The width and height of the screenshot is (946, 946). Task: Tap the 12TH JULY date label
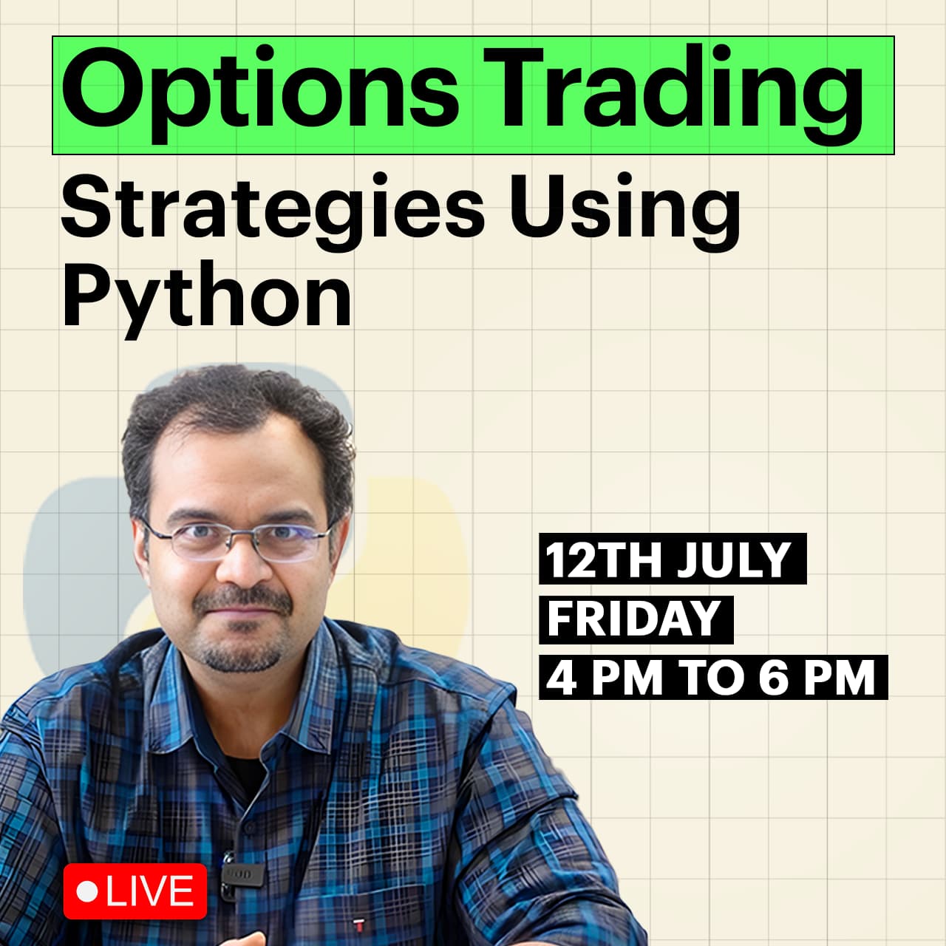click(673, 559)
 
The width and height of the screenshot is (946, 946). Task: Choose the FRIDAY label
click(636, 619)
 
